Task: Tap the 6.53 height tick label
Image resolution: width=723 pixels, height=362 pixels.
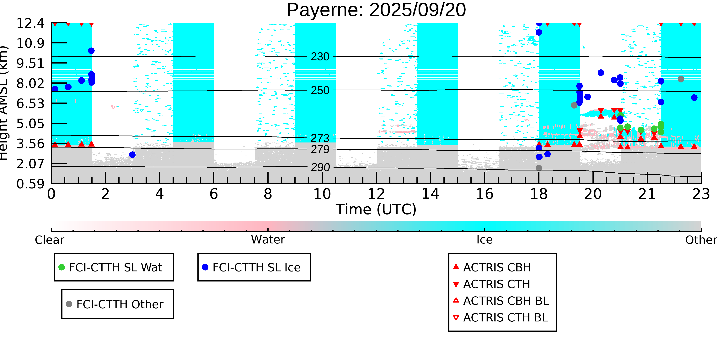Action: pos(30,104)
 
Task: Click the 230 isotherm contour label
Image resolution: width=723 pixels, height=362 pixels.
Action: pos(320,57)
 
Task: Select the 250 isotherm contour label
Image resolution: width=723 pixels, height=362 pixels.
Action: pos(320,91)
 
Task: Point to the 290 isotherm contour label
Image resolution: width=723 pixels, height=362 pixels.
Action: pos(320,168)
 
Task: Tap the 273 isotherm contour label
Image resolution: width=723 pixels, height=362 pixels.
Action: pos(320,138)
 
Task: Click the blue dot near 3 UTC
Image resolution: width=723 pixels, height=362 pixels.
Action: pos(132,155)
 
